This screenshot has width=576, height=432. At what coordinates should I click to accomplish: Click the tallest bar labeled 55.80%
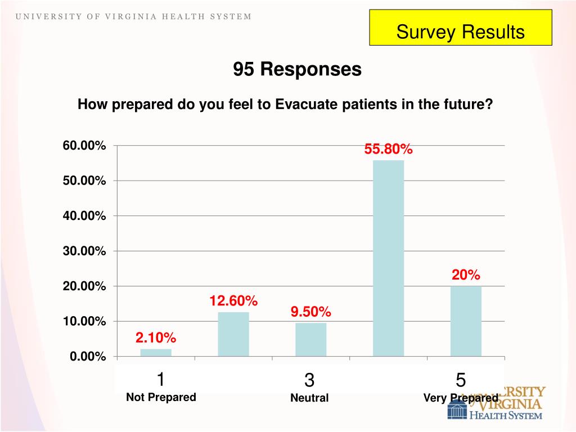tap(388, 258)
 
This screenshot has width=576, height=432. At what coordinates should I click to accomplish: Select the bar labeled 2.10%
tap(156, 353)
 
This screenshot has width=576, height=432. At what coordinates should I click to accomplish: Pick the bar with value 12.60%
tap(233, 334)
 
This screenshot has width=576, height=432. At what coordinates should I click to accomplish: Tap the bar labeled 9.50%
tap(310, 340)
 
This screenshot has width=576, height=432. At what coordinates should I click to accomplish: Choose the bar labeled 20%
tap(466, 321)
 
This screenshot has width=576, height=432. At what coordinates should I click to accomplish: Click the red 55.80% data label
tap(389, 150)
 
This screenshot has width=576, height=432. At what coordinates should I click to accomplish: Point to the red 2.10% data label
tap(156, 337)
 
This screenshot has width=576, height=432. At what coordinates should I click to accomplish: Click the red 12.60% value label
tap(233, 301)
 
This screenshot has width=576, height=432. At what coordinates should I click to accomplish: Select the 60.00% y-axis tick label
tap(84, 146)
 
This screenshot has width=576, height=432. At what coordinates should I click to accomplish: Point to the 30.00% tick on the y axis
tap(84, 251)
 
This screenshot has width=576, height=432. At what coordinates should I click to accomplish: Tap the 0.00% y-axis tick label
tap(88, 357)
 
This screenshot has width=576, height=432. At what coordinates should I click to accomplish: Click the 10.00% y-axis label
tap(84, 321)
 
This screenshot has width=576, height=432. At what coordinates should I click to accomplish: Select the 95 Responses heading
tap(298, 69)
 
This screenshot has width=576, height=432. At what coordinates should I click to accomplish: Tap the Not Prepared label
tap(161, 397)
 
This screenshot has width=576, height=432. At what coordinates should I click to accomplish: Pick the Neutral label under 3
tap(309, 398)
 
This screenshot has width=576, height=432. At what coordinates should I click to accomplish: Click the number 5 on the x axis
tap(461, 381)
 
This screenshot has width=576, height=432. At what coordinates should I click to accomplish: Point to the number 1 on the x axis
tap(161, 380)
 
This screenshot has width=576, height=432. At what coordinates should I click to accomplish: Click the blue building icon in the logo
tap(457, 409)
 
